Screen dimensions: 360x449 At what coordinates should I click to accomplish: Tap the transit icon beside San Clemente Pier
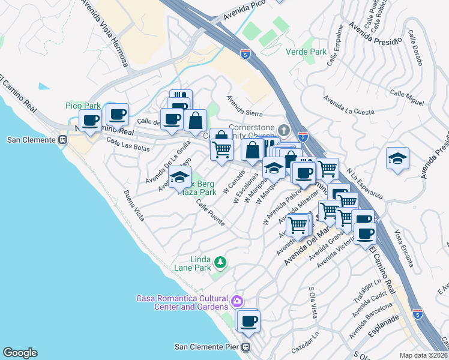(246, 347)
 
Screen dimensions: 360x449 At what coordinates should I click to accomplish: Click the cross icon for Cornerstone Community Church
(285, 130)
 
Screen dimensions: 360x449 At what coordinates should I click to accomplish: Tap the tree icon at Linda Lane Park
(220, 262)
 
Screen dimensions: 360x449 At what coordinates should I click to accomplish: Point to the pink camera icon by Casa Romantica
(237, 301)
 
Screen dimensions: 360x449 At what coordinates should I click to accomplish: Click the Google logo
(20, 353)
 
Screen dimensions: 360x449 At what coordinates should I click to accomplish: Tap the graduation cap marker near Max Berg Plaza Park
(179, 176)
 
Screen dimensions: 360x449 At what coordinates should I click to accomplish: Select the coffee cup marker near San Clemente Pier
(249, 322)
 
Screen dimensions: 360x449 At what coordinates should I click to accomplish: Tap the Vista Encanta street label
(403, 249)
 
